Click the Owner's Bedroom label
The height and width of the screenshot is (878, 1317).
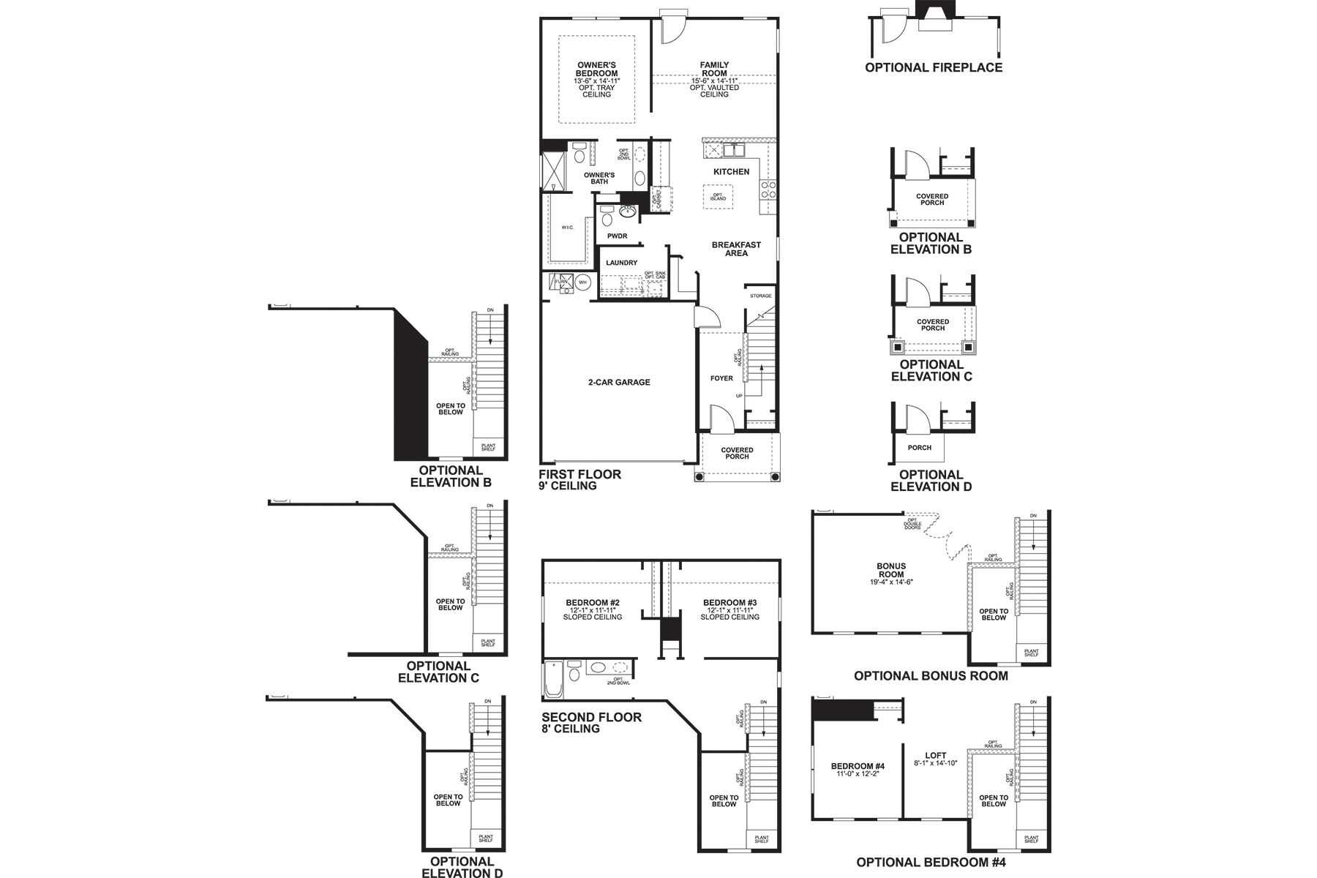click(596, 70)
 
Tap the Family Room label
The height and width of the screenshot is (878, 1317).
click(714, 69)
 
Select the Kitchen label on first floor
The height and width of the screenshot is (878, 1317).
click(731, 172)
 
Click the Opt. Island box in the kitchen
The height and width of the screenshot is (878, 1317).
click(718, 197)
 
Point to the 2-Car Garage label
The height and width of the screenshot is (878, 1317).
click(618, 382)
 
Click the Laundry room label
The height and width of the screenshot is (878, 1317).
click(621, 263)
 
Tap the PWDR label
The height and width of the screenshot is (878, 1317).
click(617, 236)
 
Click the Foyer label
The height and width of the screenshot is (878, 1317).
click(721, 378)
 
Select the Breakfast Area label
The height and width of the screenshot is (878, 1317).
click(736, 249)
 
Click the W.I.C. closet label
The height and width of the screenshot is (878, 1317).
click(568, 228)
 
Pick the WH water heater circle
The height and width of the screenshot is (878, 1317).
click(583, 282)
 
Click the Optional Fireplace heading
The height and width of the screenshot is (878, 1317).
click(934, 67)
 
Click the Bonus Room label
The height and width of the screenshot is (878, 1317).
click(891, 570)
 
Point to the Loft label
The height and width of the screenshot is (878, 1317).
click(935, 756)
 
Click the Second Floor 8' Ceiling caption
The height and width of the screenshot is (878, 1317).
click(591, 723)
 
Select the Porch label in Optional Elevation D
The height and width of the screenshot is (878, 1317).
click(919, 447)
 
